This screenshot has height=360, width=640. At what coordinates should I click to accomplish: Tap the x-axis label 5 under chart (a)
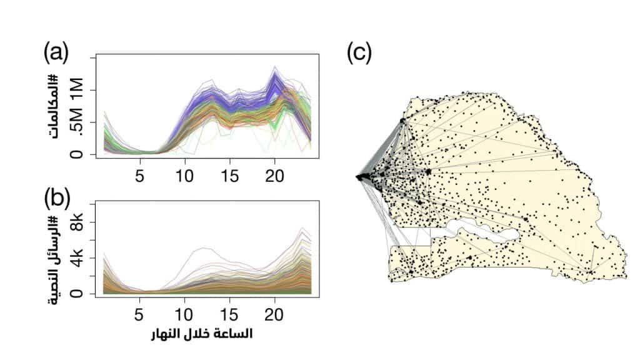pos(140,172)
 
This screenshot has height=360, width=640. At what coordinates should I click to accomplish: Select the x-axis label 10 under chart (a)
pos(186,172)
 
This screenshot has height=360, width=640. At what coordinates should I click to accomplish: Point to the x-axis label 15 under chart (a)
pos(231,172)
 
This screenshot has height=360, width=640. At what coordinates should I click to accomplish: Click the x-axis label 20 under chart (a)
pos(276,172)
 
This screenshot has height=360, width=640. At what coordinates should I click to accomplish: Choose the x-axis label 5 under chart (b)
pos(140,311)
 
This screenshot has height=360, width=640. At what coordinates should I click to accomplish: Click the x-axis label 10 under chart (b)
pos(186,311)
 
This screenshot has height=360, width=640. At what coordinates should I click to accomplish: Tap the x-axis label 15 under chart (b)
pos(231,311)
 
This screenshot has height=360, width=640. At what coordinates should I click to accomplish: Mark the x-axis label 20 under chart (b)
pos(276,311)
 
